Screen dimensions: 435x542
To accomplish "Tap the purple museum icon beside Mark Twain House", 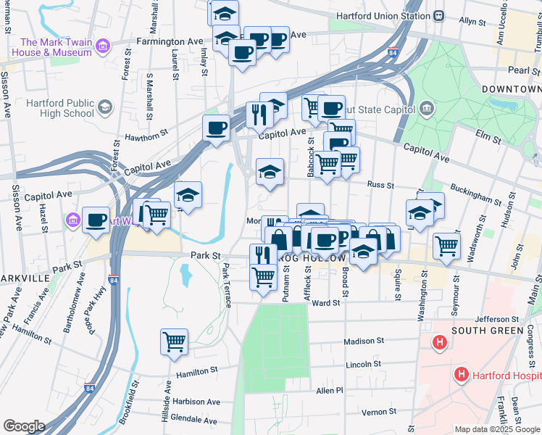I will [103, 47].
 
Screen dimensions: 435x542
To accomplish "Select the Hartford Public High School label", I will [59, 108].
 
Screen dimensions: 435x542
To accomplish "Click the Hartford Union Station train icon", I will [439, 16].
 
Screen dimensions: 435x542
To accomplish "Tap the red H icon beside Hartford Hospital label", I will [459, 375].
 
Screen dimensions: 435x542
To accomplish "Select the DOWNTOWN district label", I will [512, 88].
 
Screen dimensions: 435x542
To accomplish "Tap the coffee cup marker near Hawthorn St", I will [216, 129].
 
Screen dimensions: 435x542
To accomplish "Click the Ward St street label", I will [326, 303].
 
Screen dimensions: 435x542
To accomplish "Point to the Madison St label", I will [364, 341].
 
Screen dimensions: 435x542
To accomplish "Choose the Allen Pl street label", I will [329, 390].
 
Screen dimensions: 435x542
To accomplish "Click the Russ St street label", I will [380, 186].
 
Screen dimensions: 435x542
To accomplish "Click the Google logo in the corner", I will [24, 426].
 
